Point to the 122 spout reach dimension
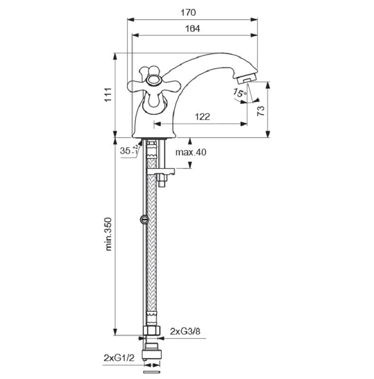coord(202,117)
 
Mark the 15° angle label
coord(240,93)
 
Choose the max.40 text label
coord(191,152)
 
